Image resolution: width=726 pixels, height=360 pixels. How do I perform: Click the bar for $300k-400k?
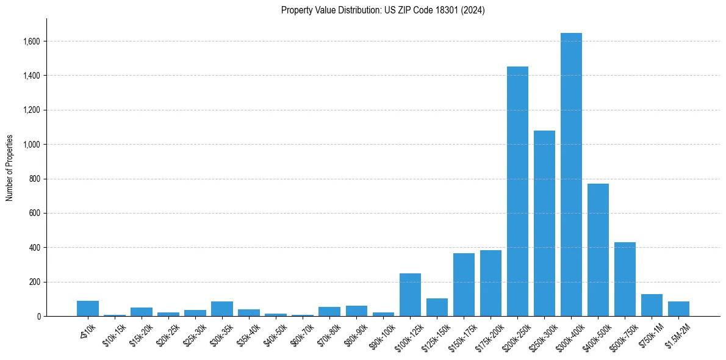click(571, 175)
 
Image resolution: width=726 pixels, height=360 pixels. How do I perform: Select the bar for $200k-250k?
click(517, 192)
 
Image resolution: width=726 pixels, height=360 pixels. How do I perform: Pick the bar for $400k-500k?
click(598, 250)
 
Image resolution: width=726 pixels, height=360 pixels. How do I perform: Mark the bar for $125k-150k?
click(437, 308)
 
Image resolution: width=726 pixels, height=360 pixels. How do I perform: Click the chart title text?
click(383, 10)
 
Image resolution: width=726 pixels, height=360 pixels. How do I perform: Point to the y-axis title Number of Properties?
click(10, 168)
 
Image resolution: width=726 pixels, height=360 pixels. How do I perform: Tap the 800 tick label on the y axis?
click(35, 179)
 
